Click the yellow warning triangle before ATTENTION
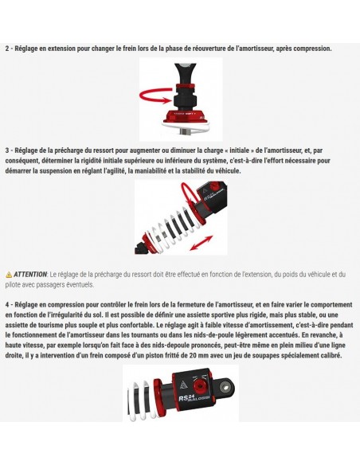pos(9,274)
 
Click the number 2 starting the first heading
pos(7,49)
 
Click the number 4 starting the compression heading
pos(7,304)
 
